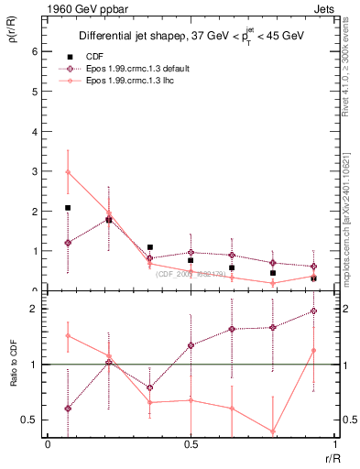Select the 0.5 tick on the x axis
pyautogui.click(x=191, y=444)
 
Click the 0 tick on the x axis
pyautogui.click(x=47, y=444)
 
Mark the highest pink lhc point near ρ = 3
pyautogui.click(x=68, y=172)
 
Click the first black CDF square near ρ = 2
pyautogui.click(x=68, y=208)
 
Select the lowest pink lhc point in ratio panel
pyautogui.click(x=273, y=431)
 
